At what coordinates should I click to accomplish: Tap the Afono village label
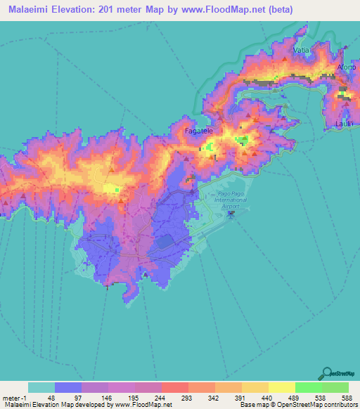[347, 67]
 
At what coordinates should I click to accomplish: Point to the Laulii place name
[345, 124]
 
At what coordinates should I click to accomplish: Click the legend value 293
[174, 397]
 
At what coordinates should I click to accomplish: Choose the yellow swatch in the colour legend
[281, 387]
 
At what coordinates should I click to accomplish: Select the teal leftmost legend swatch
[41, 387]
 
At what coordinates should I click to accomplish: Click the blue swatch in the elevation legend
[68, 387]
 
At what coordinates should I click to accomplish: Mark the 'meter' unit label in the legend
[11, 397]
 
